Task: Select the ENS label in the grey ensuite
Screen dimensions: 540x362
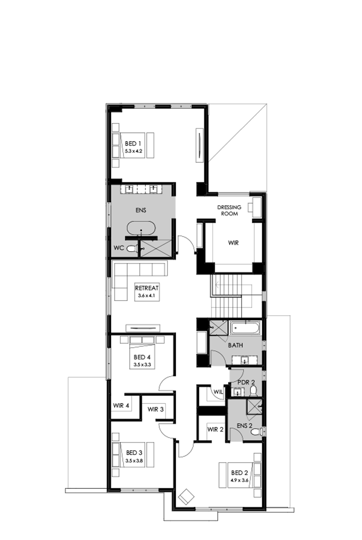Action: (142, 211)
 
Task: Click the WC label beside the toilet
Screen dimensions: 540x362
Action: (119, 249)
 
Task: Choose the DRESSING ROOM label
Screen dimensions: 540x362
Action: (229, 210)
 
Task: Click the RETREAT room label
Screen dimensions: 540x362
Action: (147, 288)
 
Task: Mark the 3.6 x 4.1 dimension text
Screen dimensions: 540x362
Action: (147, 296)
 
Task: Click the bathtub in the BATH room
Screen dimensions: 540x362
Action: (245, 328)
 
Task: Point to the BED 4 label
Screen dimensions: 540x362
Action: (142, 358)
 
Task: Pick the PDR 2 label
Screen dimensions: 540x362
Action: (246, 382)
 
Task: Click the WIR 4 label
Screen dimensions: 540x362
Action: (121, 406)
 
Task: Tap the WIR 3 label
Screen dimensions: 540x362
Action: (155, 409)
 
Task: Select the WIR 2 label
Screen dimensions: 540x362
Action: (215, 429)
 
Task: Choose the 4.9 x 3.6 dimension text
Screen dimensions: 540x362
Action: (240, 480)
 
